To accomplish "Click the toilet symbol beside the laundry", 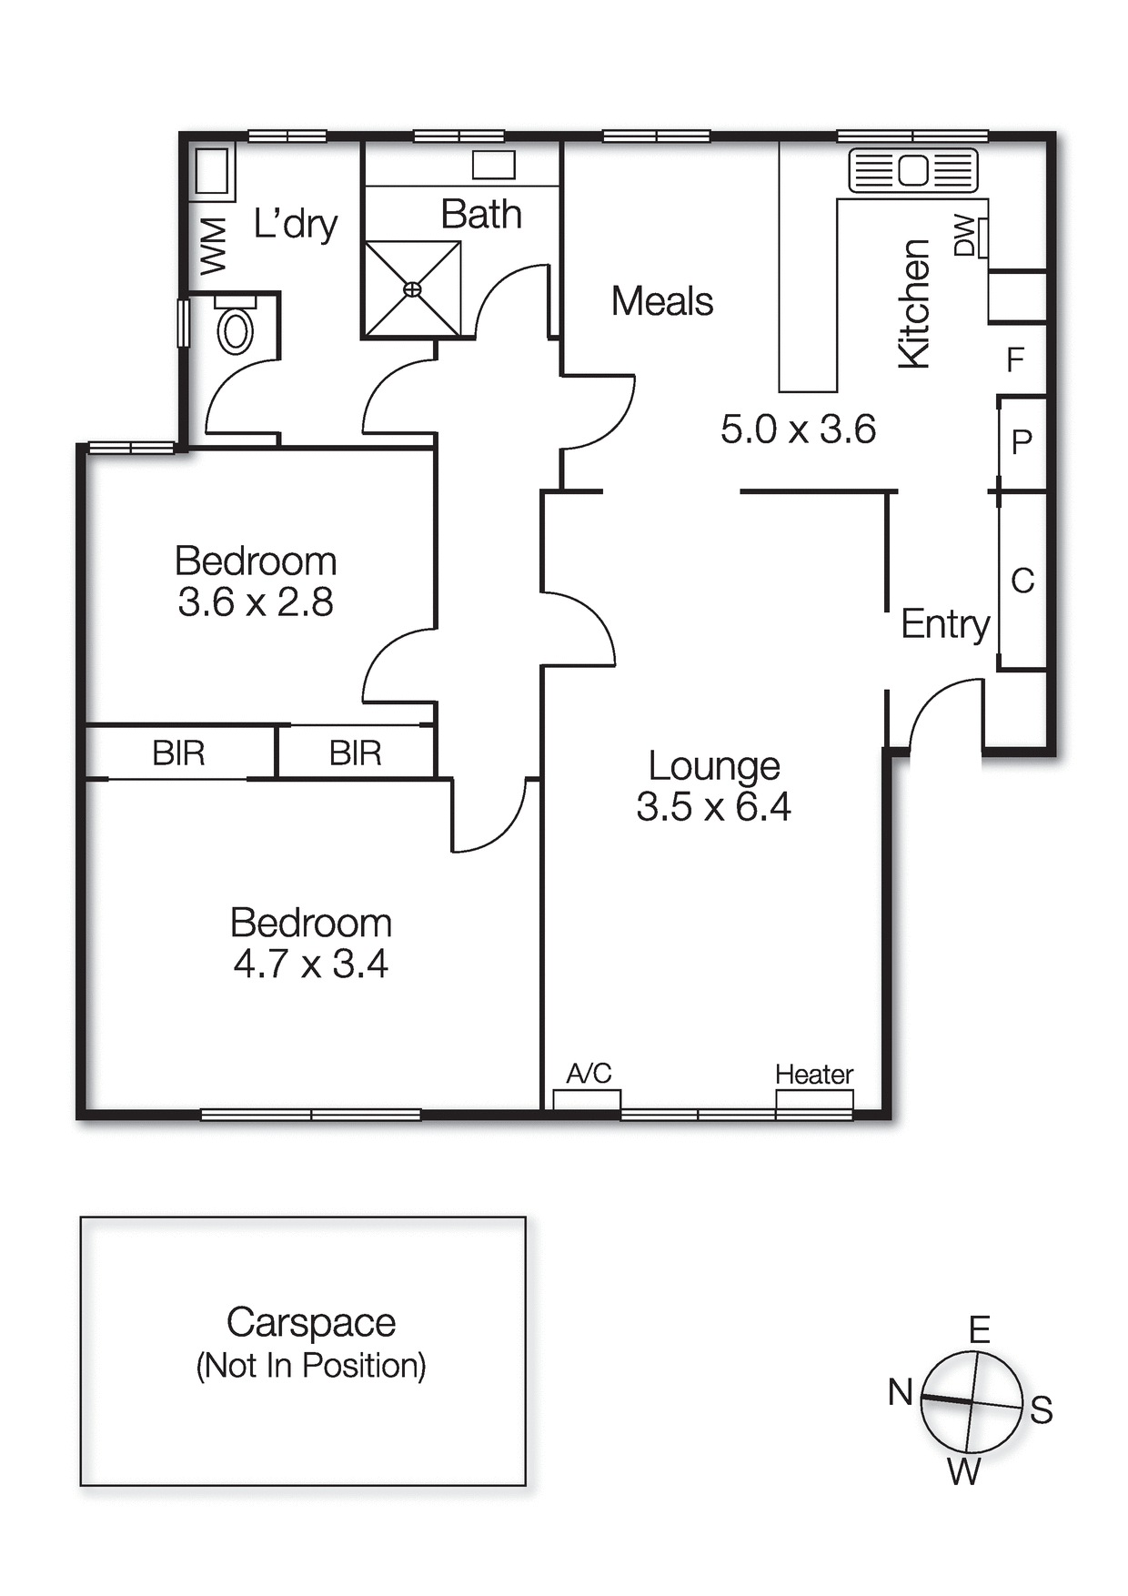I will tap(235, 329).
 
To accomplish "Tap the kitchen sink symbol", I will tap(912, 170).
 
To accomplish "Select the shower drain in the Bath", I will tap(412, 289).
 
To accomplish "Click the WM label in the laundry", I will tap(213, 246).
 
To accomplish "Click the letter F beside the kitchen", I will tap(1015, 360).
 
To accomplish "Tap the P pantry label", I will tap(1022, 442).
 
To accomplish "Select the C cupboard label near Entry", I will tap(1022, 581).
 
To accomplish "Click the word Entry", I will tap(944, 624).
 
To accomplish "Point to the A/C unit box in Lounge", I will tap(587, 1099).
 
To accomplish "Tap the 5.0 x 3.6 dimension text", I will tap(798, 429).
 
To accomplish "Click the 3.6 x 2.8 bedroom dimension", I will tap(256, 602).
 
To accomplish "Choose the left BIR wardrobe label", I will tap(178, 753).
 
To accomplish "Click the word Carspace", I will tap(311, 1322).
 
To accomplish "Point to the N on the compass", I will tap(900, 1391).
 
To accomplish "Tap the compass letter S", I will tap(1042, 1409).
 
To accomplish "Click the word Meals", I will tap(661, 301).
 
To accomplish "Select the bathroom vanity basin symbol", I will tap(494, 165).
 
